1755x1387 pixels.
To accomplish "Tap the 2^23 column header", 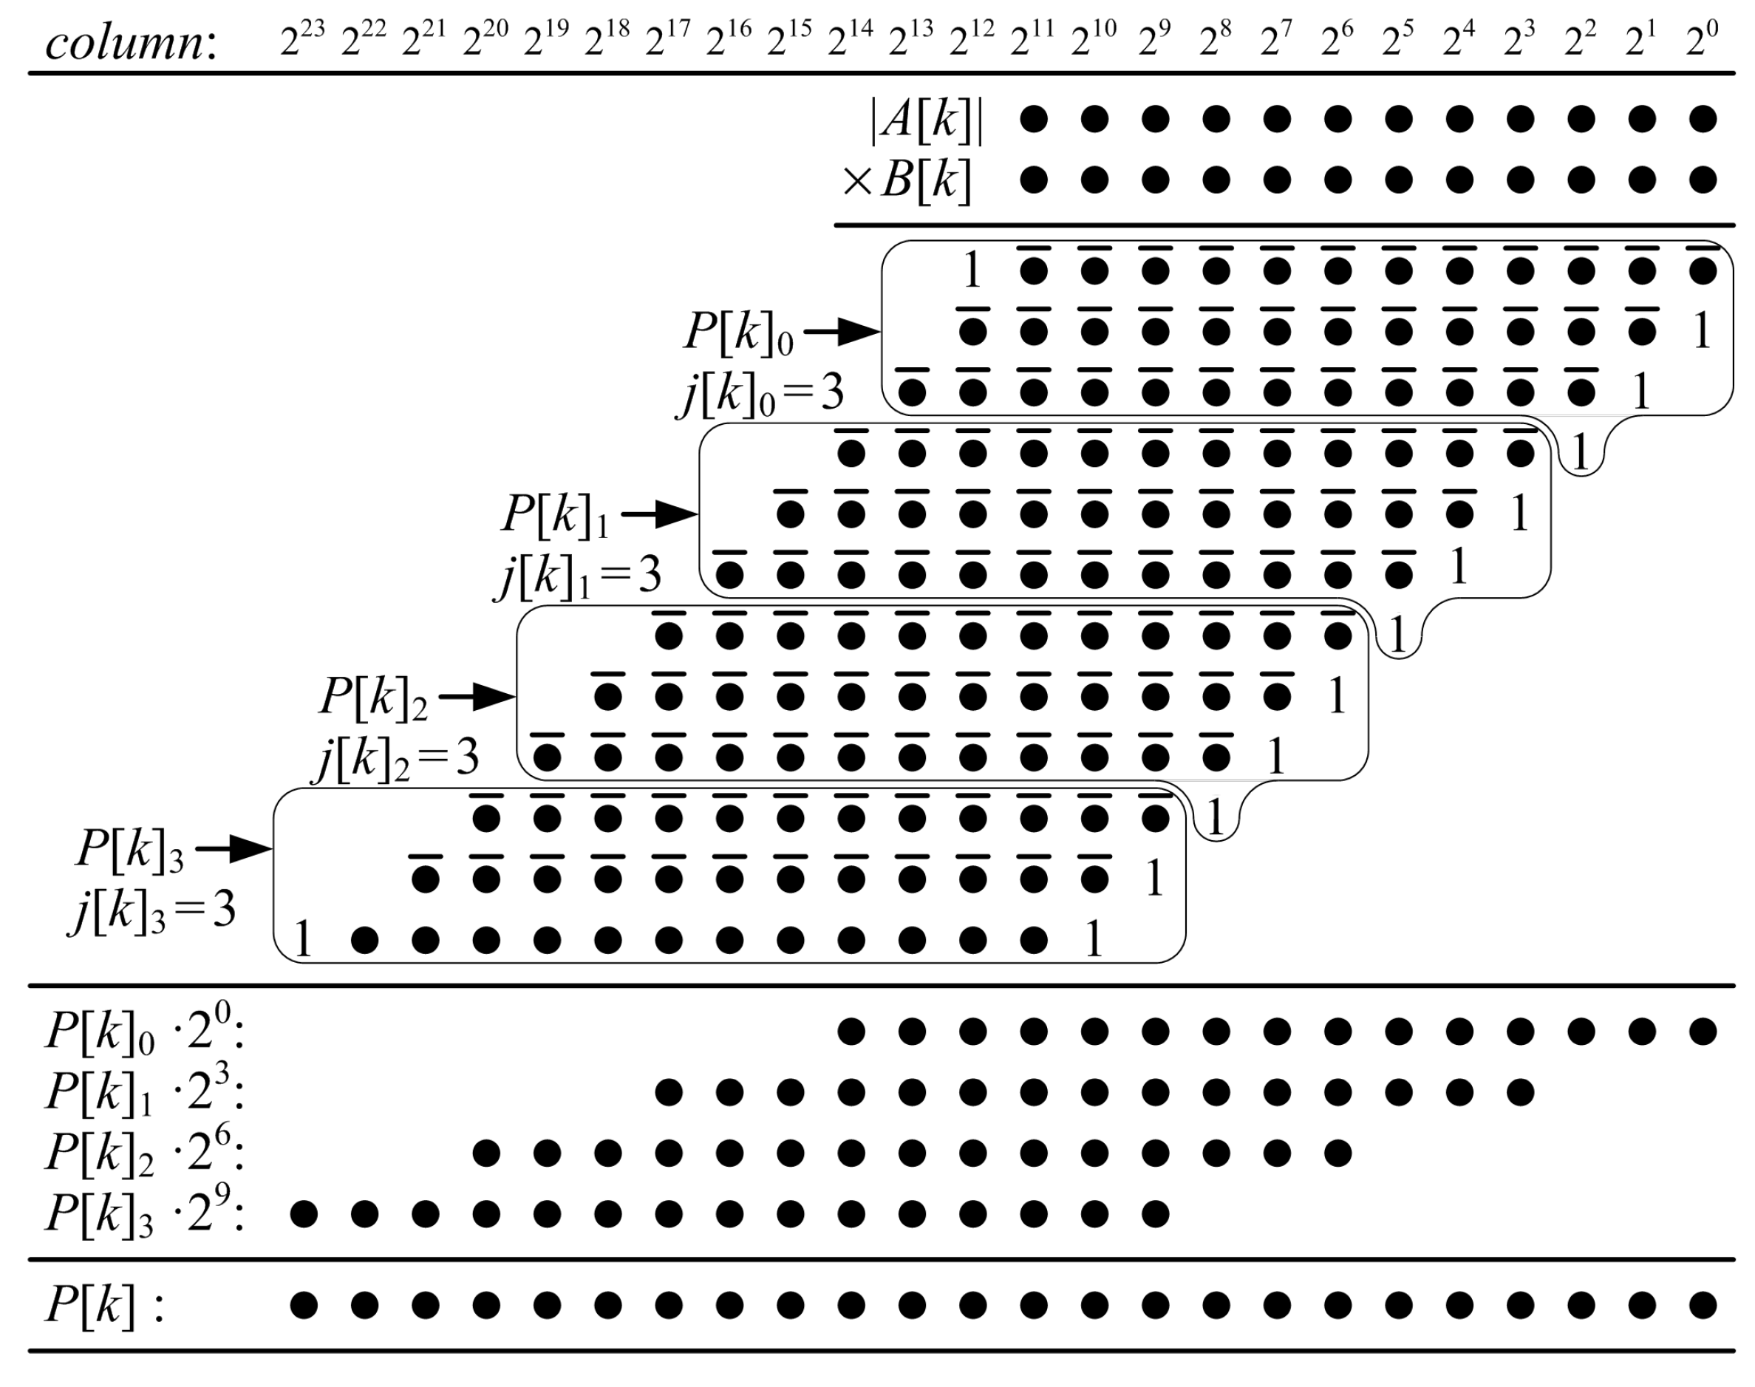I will (x=302, y=39).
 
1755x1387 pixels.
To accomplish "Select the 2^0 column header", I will (x=1701, y=39).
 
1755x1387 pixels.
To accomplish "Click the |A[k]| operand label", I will (x=927, y=120).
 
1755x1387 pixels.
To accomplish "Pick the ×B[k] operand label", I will (x=907, y=180).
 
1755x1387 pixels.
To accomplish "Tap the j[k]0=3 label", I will (x=762, y=393).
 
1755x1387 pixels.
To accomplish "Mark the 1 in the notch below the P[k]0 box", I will (x=1580, y=453).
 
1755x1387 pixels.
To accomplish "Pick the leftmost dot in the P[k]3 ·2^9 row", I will (x=303, y=1214).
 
